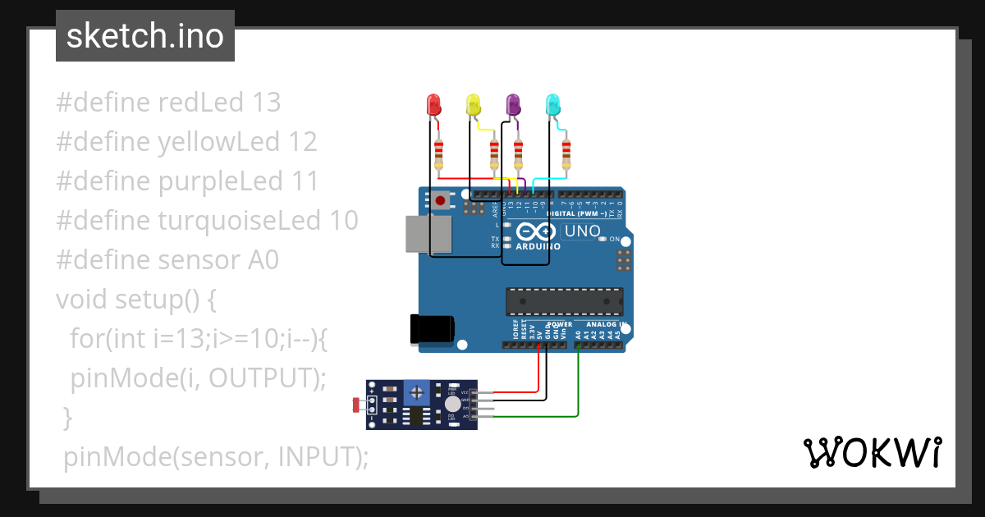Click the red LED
(x=433, y=105)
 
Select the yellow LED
(x=473, y=105)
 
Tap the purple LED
(x=513, y=105)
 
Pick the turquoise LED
(x=553, y=105)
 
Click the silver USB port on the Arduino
(x=428, y=234)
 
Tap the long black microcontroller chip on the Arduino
(x=564, y=301)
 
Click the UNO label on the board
(x=583, y=231)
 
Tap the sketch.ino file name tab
(x=145, y=36)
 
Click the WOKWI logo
(x=872, y=452)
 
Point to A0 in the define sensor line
(x=263, y=260)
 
